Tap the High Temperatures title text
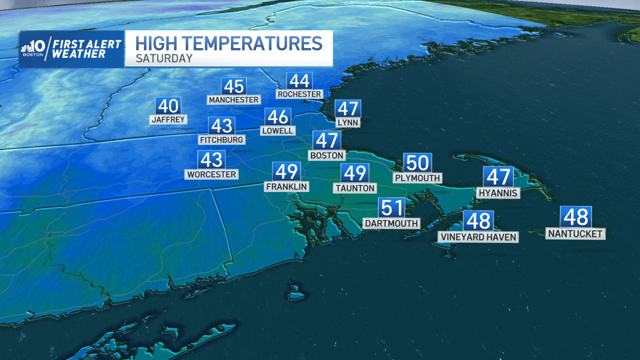[229, 43]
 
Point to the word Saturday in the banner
[164, 58]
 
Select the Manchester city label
[234, 100]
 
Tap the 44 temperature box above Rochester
[299, 81]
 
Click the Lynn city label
[348, 123]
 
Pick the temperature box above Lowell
[278, 117]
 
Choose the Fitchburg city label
[221, 140]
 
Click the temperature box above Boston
[326, 141]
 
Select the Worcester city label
[212, 174]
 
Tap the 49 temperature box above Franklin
[286, 172]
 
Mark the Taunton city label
[355, 188]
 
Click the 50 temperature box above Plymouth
[417, 163]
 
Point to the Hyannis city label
[498, 193]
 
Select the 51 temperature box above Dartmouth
[391, 208]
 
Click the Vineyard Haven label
[478, 237]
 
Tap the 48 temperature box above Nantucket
[575, 218]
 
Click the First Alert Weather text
[88, 49]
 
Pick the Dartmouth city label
[391, 223]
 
